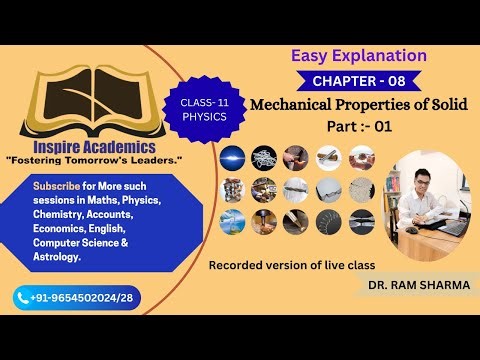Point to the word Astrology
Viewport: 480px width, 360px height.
coord(58,257)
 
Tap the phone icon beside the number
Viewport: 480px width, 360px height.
coord(23,297)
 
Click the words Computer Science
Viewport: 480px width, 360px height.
coord(80,243)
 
